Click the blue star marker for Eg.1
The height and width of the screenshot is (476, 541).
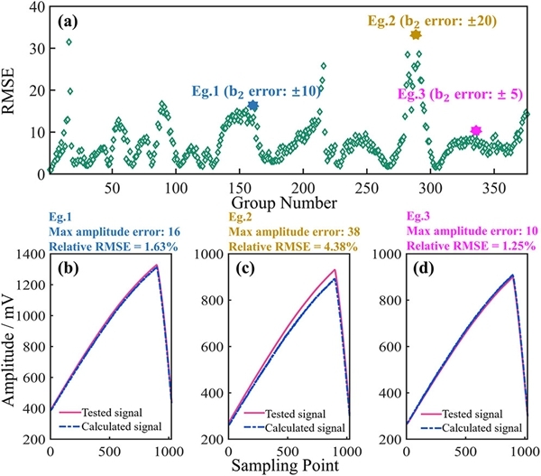coord(252,106)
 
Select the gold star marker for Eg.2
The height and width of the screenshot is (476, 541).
coord(416,34)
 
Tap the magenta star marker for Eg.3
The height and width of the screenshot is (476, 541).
coord(476,132)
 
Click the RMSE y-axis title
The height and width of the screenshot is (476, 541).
coord(14,92)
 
